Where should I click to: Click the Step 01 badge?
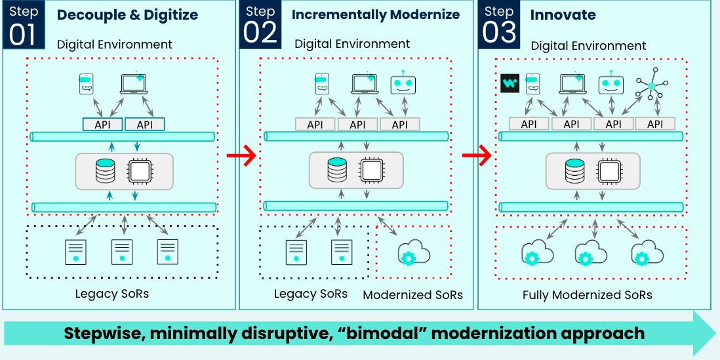[x=24, y=25]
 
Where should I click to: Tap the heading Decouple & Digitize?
[x=128, y=14]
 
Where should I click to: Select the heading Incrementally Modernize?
[x=376, y=14]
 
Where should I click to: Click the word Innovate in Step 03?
[x=563, y=14]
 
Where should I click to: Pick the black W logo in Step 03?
[x=510, y=83]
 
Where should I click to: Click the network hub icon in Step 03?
[x=652, y=85]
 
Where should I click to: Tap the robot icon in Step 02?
[x=403, y=83]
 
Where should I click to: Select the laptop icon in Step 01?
[x=134, y=83]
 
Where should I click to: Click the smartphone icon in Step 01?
[x=87, y=84]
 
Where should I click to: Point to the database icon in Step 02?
[x=336, y=169]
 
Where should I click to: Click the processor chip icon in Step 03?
[x=609, y=170]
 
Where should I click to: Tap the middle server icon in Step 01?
[x=122, y=252]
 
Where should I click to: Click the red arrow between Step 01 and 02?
[x=241, y=156]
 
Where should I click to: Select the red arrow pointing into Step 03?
[x=477, y=156]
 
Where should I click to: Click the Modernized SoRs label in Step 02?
[x=413, y=295]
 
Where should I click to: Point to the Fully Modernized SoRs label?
[x=588, y=295]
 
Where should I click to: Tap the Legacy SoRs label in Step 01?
[x=112, y=293]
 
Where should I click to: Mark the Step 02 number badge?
[x=260, y=25]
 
